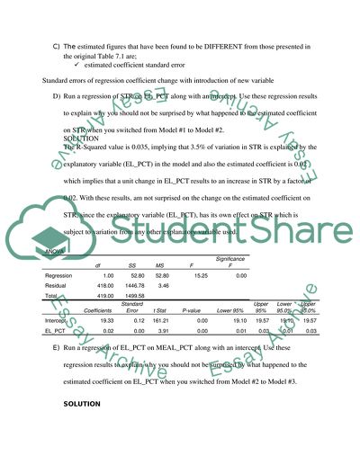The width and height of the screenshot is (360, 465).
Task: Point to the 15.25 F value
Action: tap(201, 275)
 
